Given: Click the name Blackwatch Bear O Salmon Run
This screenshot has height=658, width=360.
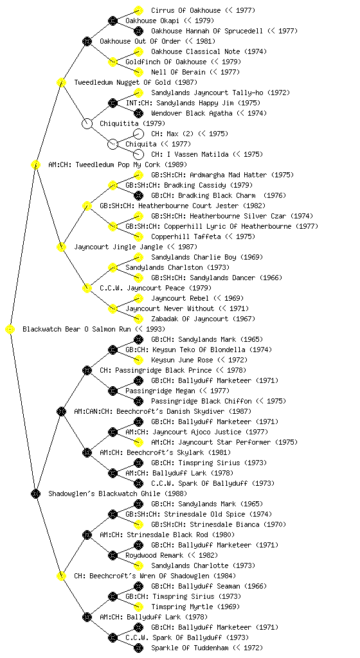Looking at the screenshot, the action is (76, 329).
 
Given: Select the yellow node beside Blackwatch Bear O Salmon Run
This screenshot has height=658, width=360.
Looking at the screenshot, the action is (10, 330).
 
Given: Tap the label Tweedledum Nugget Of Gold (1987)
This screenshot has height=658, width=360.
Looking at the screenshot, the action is (136, 82).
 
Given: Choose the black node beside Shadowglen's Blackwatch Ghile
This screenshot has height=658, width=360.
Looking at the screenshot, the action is (35, 494).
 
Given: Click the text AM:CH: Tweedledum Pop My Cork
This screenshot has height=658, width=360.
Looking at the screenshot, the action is (104, 164).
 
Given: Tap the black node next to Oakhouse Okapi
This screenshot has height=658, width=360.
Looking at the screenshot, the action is (113, 21).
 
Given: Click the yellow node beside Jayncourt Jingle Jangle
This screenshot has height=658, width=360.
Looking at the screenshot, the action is (61, 247).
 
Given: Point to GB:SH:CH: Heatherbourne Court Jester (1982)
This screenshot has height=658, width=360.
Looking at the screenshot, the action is (183, 206).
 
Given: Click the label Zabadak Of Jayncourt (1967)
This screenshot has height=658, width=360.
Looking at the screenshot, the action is (203, 319).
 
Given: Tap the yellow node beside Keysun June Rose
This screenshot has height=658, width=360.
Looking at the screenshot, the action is (138, 360).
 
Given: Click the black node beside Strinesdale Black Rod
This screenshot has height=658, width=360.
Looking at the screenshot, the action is (87, 535).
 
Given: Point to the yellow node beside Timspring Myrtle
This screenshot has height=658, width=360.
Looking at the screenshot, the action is (138, 607).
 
